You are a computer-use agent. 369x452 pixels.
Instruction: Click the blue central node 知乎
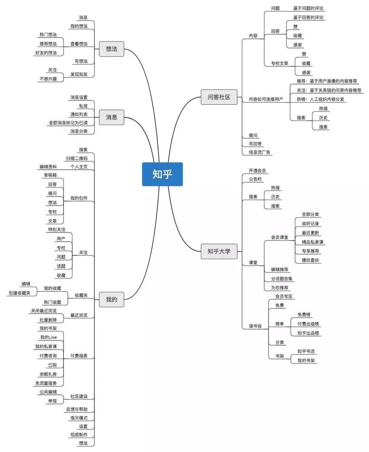pyautogui.click(x=162, y=174)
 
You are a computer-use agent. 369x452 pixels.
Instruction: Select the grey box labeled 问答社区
pyautogui.click(x=219, y=97)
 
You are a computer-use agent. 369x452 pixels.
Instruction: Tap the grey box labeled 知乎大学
pyautogui.click(x=219, y=251)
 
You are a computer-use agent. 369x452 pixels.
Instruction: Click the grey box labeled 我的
pyautogui.click(x=111, y=299)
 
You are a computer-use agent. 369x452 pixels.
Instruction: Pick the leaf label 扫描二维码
pyautogui.click(x=77, y=158)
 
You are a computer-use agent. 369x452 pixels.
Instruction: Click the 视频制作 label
pyautogui.click(x=79, y=434)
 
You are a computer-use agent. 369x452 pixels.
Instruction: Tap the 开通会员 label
pyautogui.click(x=258, y=171)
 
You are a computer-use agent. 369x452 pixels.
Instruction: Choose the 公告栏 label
pyautogui.click(x=255, y=179)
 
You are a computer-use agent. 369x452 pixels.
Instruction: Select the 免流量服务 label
pyautogui.click(x=46, y=383)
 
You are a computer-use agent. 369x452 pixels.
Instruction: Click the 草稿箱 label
pyautogui.click(x=50, y=175)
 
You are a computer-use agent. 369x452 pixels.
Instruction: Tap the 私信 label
pyautogui.click(x=83, y=106)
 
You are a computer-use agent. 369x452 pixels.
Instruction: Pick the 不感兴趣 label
pyautogui.click(x=48, y=79)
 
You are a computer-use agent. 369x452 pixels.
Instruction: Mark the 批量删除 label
pyautogui.click(x=48, y=320)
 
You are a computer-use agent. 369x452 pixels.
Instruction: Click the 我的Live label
pyautogui.click(x=48, y=337)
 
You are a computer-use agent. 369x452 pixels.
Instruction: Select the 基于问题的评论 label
pyautogui.click(x=309, y=8)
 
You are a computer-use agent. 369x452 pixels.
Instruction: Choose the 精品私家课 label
pyautogui.click(x=312, y=242)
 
